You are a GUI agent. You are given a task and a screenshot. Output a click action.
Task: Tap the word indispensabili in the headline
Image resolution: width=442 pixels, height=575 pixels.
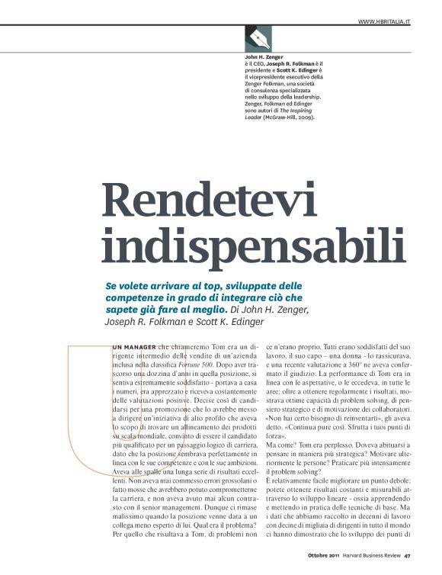coord(253,243)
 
